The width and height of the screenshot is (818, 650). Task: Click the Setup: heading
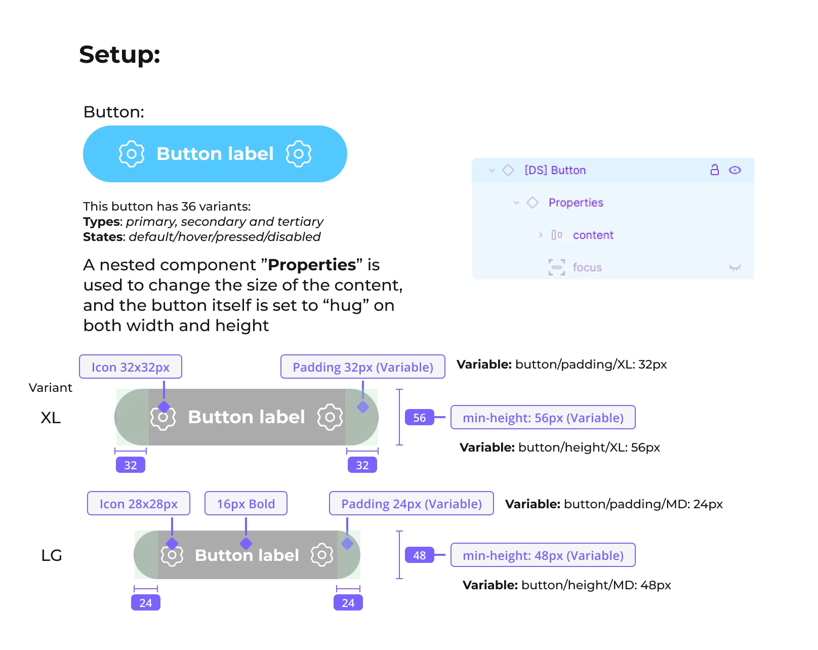tap(119, 54)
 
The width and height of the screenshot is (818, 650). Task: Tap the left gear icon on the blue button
tap(132, 154)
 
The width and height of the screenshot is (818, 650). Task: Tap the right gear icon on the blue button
tap(299, 154)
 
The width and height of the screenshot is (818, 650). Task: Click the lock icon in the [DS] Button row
tap(714, 170)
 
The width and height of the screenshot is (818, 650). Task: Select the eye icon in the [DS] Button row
tap(735, 170)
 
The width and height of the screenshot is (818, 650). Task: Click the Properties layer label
tap(576, 202)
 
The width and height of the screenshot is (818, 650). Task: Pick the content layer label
tap(593, 235)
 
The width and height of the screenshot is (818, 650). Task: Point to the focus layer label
tap(587, 267)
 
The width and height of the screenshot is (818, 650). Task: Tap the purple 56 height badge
tap(419, 417)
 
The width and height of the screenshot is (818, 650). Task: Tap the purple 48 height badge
tap(419, 555)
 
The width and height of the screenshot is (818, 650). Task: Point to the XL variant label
tap(51, 418)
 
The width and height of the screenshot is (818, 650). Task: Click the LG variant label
tap(51, 555)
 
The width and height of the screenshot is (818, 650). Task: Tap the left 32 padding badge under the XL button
tap(131, 465)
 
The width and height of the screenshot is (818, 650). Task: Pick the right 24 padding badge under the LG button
tap(348, 602)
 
